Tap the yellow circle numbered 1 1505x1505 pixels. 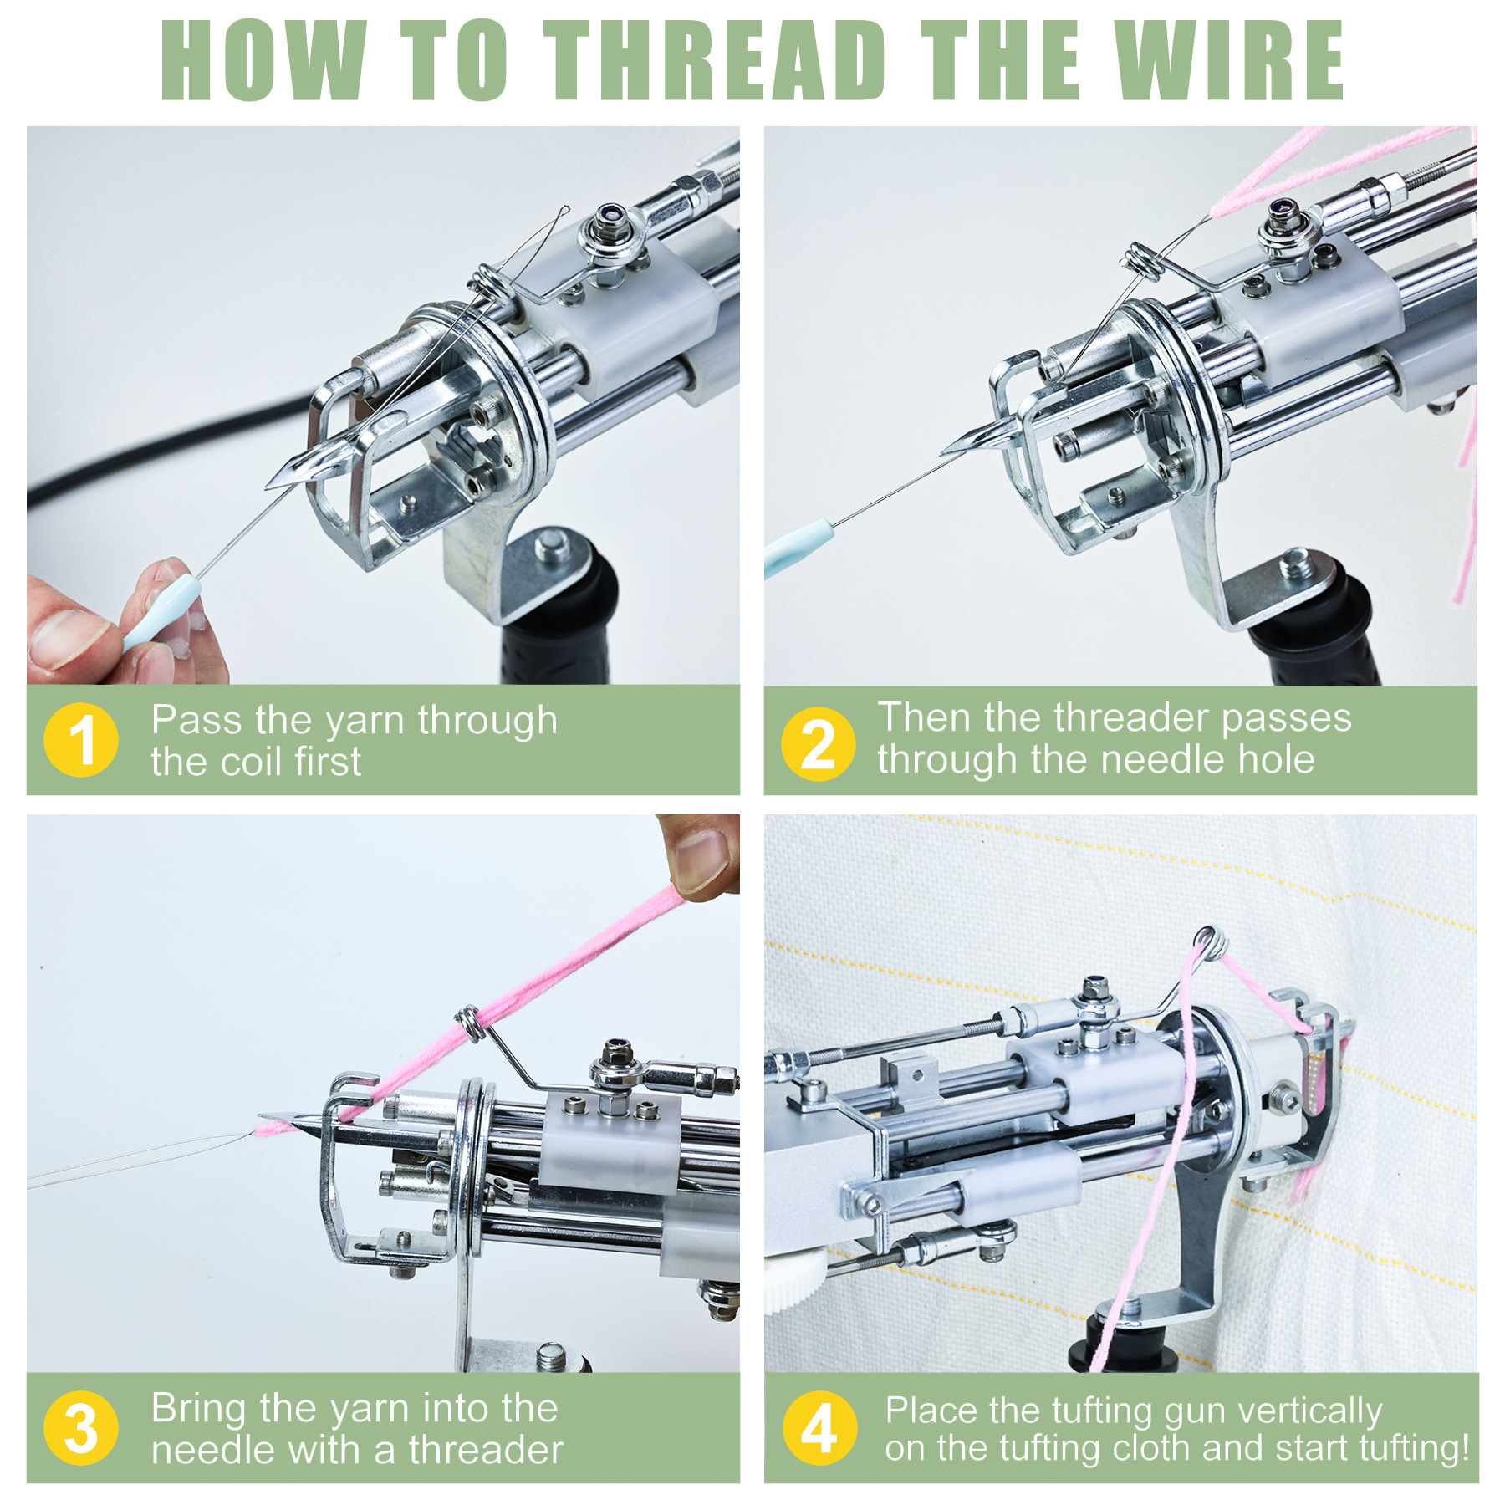tap(81, 740)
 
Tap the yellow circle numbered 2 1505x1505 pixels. tap(818, 743)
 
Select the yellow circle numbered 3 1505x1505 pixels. tap(81, 1428)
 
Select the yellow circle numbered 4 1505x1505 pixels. tap(819, 1428)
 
